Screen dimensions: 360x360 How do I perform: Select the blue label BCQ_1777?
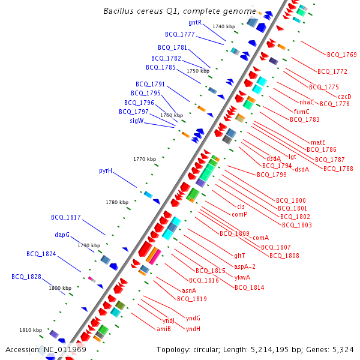point(180,34)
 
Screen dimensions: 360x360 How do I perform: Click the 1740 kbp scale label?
point(224,26)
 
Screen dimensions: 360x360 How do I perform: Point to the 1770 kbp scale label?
point(145,159)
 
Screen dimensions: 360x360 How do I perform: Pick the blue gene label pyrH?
point(106,171)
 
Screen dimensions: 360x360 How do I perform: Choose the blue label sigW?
point(137,121)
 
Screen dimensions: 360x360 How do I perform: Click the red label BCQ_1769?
point(341,55)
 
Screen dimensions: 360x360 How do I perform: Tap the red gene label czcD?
point(344,97)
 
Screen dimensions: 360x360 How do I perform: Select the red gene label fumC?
point(302,112)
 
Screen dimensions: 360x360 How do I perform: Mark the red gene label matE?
point(318,142)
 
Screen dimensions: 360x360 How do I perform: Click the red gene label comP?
point(240,214)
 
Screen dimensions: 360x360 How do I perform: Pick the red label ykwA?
point(242,277)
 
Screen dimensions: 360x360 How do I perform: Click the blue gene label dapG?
point(62,235)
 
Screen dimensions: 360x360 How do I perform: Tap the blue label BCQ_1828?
point(26,277)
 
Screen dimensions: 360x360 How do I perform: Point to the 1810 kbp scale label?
point(31,330)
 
